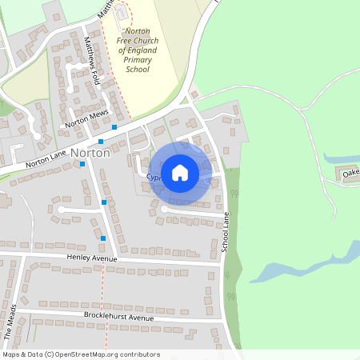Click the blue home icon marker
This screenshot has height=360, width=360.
point(180,173)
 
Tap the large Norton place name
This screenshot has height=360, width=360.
point(90,153)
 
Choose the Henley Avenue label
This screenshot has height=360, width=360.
point(93,258)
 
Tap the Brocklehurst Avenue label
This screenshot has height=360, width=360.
point(118,318)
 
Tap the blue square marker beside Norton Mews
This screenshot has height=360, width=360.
point(114,127)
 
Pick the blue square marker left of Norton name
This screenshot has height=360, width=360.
point(82,164)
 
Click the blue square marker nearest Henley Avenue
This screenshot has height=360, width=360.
point(103,238)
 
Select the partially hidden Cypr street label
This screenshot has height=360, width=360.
point(154,178)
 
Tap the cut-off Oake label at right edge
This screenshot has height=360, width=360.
point(350,172)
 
